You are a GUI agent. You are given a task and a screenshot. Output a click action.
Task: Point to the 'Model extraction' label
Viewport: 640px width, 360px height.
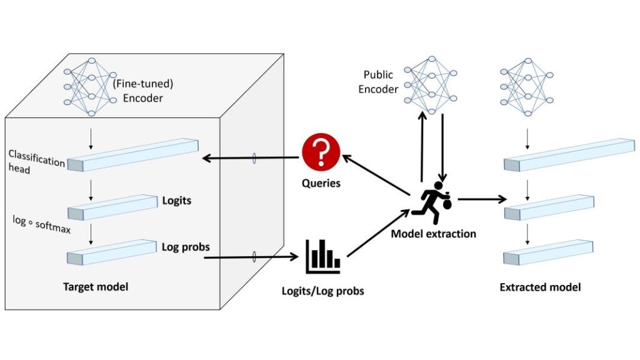[433, 234]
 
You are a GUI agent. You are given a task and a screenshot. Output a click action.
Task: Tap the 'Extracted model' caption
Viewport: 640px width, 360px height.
[540, 287]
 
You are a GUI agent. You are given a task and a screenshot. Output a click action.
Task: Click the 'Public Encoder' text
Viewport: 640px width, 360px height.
[378, 82]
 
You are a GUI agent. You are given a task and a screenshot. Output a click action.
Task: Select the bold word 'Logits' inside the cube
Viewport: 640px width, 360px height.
[176, 201]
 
